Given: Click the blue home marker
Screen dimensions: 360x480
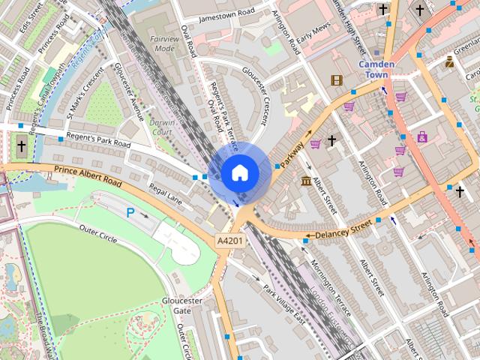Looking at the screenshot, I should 239,172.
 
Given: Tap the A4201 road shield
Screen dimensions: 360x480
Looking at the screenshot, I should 229,241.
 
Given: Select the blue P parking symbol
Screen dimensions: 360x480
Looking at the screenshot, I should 130,213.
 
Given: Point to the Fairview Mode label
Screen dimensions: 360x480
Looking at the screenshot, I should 163,43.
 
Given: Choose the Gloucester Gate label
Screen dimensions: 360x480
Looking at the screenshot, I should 182,305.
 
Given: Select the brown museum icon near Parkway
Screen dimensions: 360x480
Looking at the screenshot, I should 306,182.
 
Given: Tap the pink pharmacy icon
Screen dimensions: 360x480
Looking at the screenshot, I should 423,137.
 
